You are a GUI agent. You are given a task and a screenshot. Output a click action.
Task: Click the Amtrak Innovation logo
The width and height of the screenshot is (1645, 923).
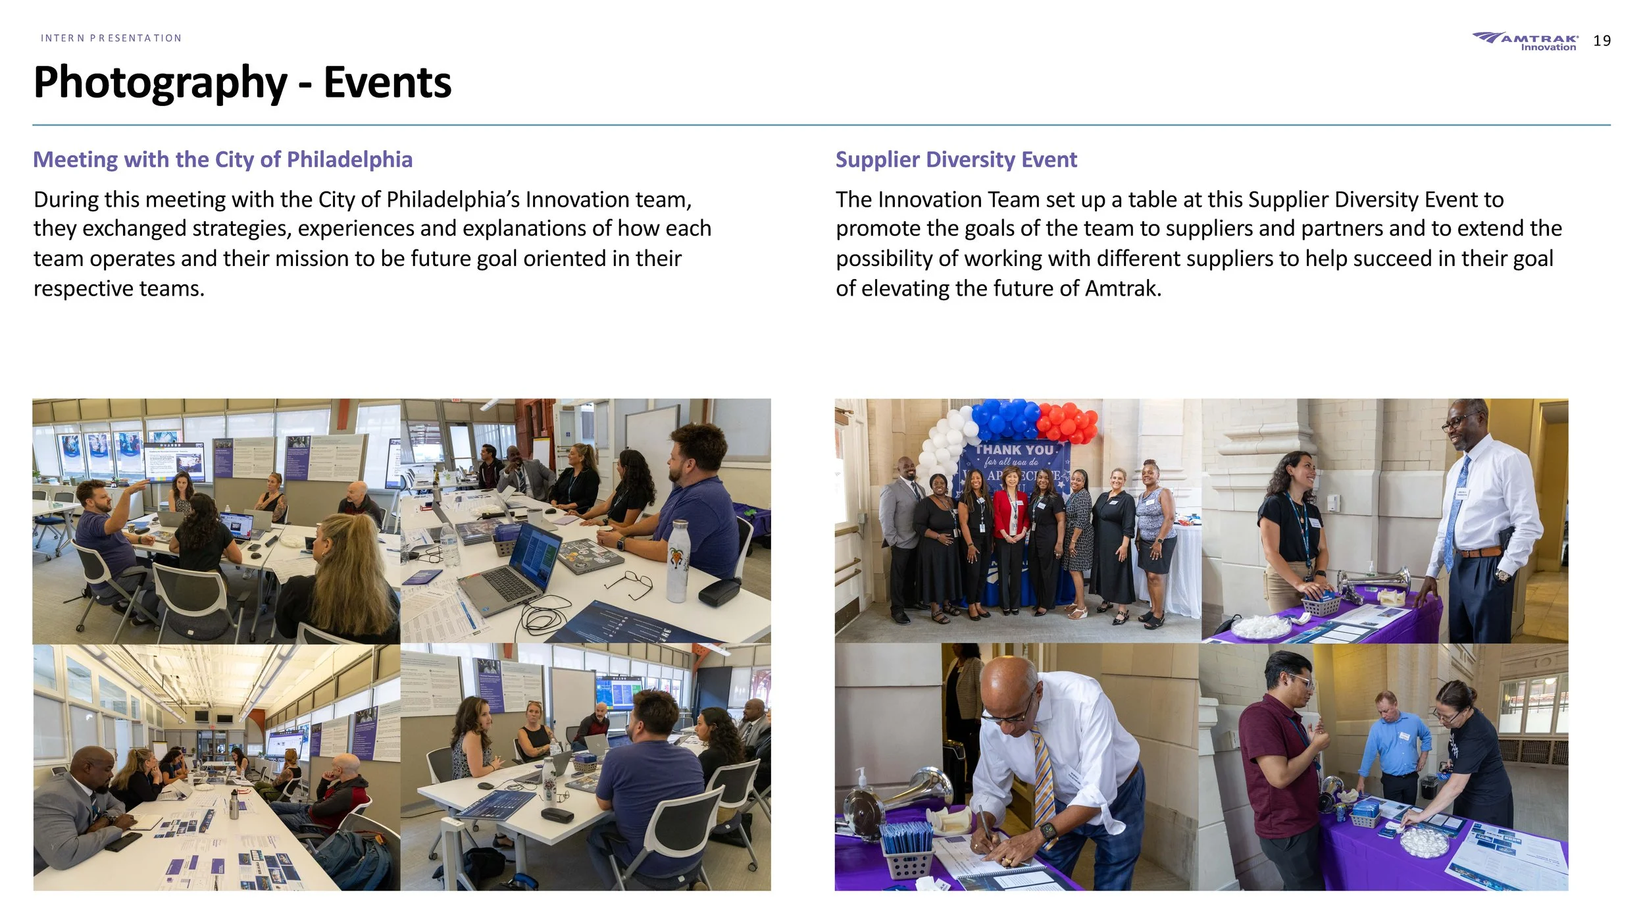[1525, 41]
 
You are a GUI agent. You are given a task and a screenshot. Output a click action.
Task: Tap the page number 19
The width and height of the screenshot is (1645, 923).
[1602, 41]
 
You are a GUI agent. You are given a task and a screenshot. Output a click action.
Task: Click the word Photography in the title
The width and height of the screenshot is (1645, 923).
[160, 84]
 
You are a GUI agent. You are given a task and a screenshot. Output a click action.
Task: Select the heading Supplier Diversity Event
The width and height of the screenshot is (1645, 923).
[955, 159]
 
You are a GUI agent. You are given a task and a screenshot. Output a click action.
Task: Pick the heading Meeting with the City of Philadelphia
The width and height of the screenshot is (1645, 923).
[222, 159]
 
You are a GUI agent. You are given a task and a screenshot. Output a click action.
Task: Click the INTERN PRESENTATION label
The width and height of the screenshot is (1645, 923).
[111, 38]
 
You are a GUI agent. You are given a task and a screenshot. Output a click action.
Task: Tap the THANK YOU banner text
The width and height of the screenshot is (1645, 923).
[1015, 450]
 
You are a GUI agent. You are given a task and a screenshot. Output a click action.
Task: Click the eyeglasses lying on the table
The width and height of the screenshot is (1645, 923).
[630, 584]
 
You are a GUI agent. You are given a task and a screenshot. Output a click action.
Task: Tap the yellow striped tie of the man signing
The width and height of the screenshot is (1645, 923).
[1044, 783]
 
